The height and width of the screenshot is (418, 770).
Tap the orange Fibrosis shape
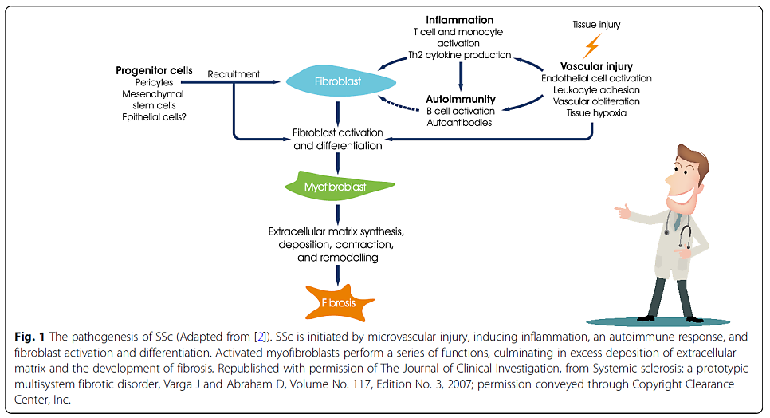tap(339, 303)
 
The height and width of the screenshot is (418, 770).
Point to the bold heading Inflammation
tap(459, 19)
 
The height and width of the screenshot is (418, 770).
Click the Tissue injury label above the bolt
tap(596, 25)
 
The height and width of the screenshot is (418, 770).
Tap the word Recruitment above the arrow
tap(234, 74)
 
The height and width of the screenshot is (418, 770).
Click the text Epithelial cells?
tap(154, 116)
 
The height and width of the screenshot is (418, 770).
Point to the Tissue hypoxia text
tap(596, 112)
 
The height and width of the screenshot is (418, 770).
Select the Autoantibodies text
tap(460, 123)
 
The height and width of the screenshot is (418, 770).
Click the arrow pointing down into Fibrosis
tap(339, 274)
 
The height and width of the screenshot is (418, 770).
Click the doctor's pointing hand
tap(624, 211)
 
